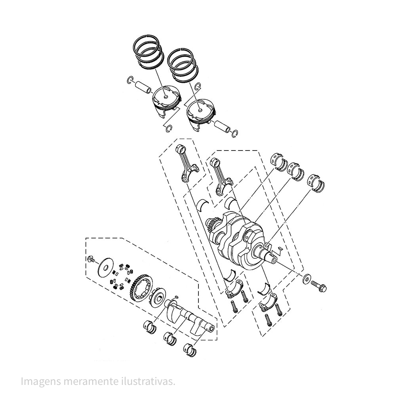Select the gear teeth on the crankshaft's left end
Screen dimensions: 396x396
click(211, 228)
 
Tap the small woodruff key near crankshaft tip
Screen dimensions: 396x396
click(280, 248)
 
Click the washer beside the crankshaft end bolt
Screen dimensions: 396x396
click(307, 279)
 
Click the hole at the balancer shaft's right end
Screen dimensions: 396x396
click(213, 328)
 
